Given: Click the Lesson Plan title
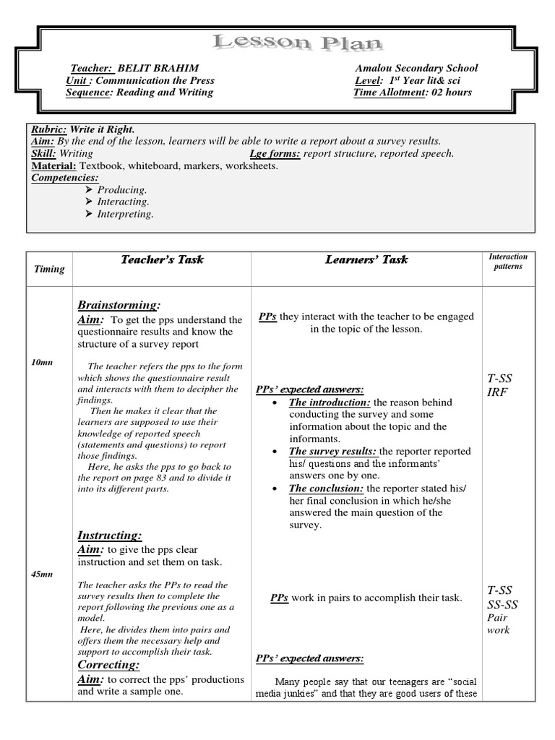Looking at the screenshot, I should tap(296, 43).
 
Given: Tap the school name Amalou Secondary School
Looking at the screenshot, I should tap(416, 68).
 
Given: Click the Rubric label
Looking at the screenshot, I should tap(48, 129).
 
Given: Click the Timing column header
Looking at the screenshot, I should tap(49, 269).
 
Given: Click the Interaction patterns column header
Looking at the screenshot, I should tap(508, 261).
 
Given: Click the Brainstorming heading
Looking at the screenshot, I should tap(118, 304).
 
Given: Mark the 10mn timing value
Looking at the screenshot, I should tap(42, 361).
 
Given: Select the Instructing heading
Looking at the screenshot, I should tap(109, 535).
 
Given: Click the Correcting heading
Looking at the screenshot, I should tap(108, 664).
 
